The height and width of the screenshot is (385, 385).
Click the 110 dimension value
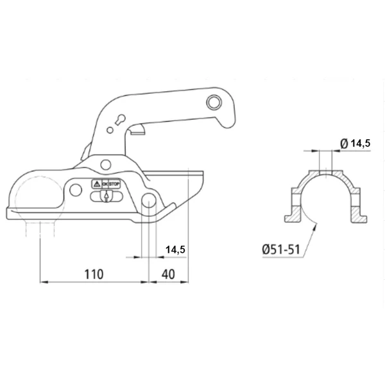pyautogui.click(x=94, y=274)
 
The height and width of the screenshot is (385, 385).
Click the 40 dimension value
pyautogui.click(x=168, y=274)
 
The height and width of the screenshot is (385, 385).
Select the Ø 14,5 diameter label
pyautogui.click(x=355, y=143)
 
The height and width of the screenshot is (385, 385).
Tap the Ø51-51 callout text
pyautogui.click(x=282, y=250)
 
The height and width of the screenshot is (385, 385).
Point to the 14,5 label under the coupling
pyautogui.click(x=175, y=250)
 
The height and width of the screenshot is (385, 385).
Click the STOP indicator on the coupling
pyautogui.click(x=114, y=184)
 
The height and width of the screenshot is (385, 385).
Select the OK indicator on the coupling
pyautogui.click(x=105, y=184)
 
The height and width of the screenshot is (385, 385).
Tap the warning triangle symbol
pyautogui.click(x=97, y=184)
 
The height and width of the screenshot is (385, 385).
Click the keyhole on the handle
pyautogui.click(x=121, y=119)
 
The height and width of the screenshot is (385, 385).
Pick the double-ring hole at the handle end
pyautogui.click(x=214, y=102)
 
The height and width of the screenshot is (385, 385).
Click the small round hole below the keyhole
pyautogui.click(x=110, y=130)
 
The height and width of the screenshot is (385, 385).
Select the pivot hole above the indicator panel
pyautogui.click(x=106, y=164)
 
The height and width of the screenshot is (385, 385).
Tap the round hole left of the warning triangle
pyautogui.click(x=76, y=189)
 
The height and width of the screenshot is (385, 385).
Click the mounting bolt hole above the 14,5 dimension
pyautogui.click(x=149, y=200)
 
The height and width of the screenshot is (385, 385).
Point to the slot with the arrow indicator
pyautogui.click(x=107, y=196)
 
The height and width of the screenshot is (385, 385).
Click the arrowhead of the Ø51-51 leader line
pyautogui.click(x=315, y=224)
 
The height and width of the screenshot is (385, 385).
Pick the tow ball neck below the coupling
pyautogui.click(x=40, y=228)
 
